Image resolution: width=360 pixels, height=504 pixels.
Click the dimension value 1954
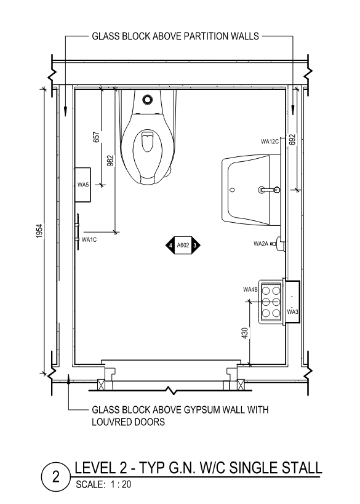pyautogui.click(x=39, y=231)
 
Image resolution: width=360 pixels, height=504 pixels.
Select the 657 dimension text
pyautogui.click(x=97, y=137)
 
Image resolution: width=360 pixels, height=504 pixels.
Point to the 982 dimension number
pyautogui.click(x=110, y=161)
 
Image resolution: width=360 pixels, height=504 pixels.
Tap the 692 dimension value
pyautogui.click(x=292, y=140)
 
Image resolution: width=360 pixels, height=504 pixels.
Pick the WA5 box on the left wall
pyautogui.click(x=82, y=185)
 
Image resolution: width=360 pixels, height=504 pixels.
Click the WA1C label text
pyautogui.click(x=89, y=239)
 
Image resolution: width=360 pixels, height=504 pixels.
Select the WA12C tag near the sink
pyautogui.click(x=270, y=142)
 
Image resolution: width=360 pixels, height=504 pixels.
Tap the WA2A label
pyautogui.click(x=261, y=244)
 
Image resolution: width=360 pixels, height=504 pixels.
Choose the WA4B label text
pyautogui.click(x=250, y=290)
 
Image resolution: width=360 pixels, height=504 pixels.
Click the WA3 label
pyautogui.click(x=292, y=312)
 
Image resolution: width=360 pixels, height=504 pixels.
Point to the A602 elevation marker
pyautogui.click(x=183, y=246)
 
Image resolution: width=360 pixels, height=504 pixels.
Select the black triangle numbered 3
pyautogui.click(x=196, y=246)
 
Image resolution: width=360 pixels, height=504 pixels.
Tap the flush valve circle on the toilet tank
pyautogui.click(x=148, y=100)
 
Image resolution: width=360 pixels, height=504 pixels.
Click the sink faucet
pyautogui.click(x=269, y=190)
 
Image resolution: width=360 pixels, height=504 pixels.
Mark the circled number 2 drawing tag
pyautogui.click(x=56, y=477)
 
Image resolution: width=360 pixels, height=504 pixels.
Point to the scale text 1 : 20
pyautogui.click(x=121, y=484)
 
